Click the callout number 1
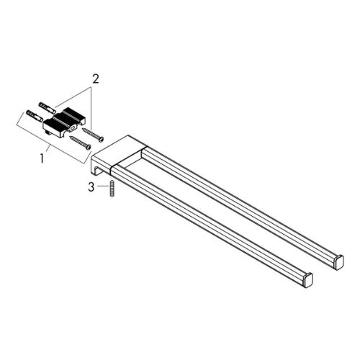click(42, 159)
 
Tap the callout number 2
click(96, 79)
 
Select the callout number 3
click(91, 187)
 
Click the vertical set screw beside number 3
click(112, 189)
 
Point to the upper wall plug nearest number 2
click(47, 107)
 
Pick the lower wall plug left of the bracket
click(35, 116)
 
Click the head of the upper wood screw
click(102, 139)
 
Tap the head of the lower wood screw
click(89, 147)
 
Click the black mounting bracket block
click(64, 120)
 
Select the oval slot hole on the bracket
click(71, 130)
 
